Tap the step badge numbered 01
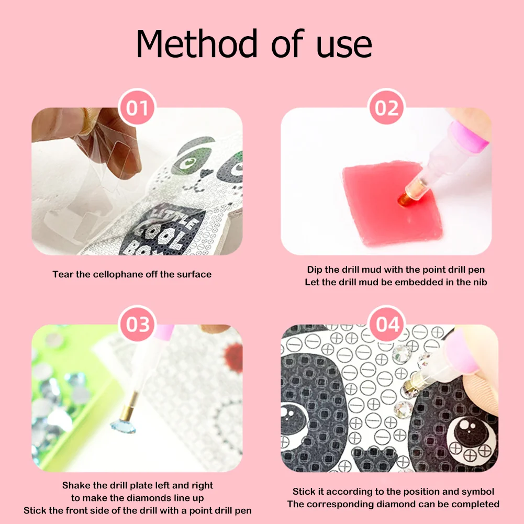click(137, 109)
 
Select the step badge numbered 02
click(387, 109)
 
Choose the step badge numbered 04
click(387, 324)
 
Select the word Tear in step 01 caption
click(62, 274)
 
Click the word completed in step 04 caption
click(476, 504)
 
